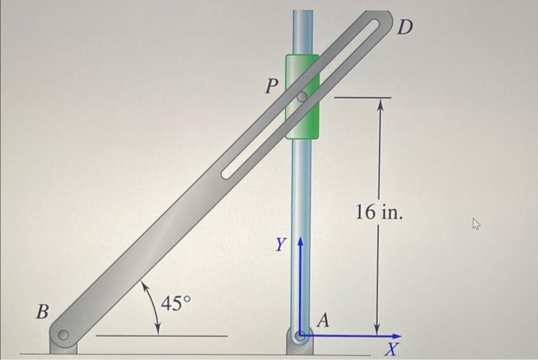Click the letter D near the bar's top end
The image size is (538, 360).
pos(405,28)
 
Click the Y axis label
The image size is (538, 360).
pos(282,246)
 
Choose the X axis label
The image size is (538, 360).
pos(391,351)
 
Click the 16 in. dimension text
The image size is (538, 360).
pos(378,212)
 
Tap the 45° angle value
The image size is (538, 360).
pos(175,303)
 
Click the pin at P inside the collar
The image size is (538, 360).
pos(302,98)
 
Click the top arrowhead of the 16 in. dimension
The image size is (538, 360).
pos(378,105)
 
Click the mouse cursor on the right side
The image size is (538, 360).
pos(477,225)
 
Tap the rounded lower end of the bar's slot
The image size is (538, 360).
pos(227,173)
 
